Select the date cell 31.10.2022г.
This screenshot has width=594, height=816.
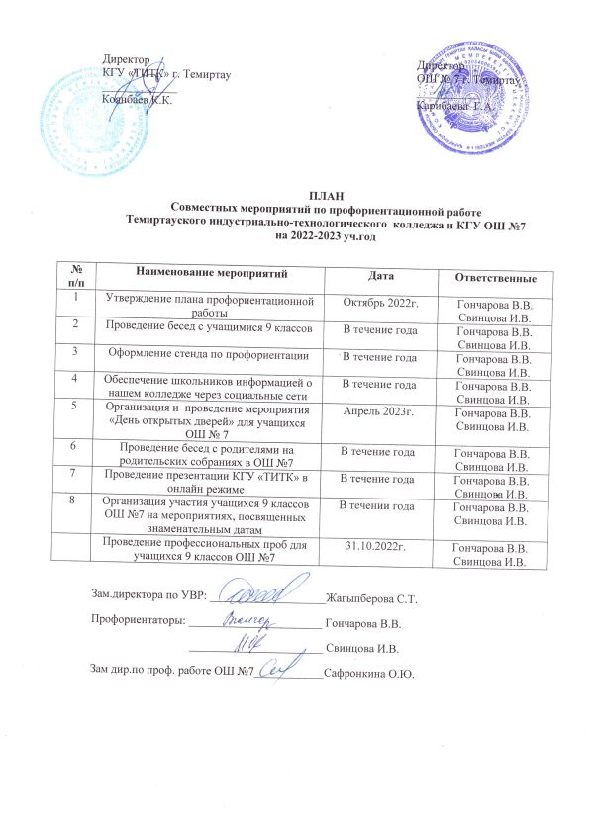[x=378, y=546]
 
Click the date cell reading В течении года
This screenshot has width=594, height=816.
[x=378, y=505]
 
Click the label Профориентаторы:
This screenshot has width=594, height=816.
[x=137, y=624]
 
